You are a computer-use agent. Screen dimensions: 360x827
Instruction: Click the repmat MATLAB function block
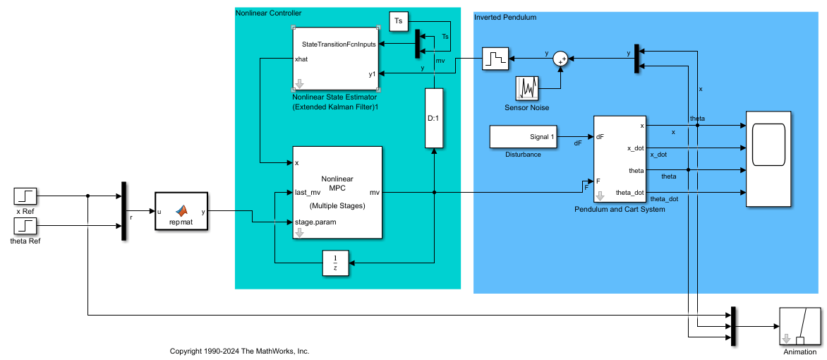coord(181,210)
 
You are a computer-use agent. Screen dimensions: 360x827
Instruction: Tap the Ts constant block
coord(399,21)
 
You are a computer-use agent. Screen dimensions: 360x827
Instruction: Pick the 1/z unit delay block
coord(336,263)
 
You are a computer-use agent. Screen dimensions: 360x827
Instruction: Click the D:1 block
coord(434,118)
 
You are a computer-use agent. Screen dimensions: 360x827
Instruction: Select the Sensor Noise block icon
coord(527,88)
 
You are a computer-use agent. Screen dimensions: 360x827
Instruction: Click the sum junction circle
coord(561,59)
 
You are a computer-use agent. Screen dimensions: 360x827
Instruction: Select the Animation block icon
coord(799,326)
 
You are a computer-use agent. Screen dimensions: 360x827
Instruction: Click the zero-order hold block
coord(495,59)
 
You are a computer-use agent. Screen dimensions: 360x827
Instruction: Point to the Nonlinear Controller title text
coord(268,12)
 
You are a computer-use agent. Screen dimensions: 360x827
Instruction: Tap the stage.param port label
coord(315,222)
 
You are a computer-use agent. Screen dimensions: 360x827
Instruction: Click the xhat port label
coord(301,59)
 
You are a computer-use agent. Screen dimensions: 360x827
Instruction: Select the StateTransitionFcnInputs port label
coord(339,44)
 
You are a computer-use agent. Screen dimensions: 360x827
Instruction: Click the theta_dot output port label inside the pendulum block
coord(629,193)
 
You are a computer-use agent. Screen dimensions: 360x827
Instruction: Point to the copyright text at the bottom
coord(239,351)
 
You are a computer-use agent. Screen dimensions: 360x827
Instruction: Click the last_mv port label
coord(308,193)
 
